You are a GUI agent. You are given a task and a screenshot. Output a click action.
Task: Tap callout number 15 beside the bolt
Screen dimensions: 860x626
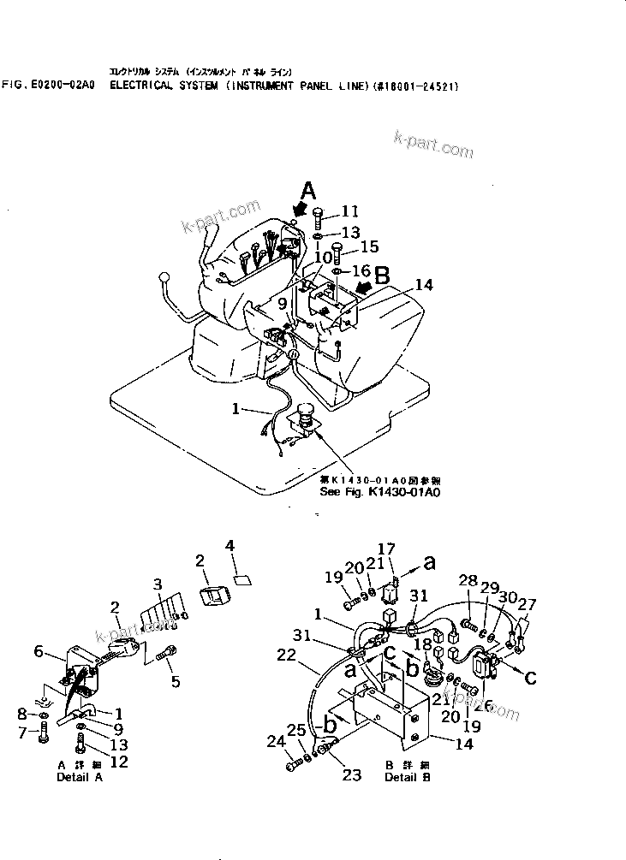(x=368, y=247)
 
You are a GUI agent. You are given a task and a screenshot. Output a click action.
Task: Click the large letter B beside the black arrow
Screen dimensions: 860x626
(x=383, y=275)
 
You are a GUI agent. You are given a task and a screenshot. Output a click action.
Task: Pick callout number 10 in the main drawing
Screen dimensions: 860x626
(x=321, y=257)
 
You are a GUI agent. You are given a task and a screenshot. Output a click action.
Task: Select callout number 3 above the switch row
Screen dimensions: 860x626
(x=157, y=584)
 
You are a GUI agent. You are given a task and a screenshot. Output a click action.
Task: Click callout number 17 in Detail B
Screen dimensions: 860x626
(x=386, y=550)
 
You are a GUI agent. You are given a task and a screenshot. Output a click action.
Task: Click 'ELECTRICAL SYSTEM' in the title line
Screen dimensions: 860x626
(x=163, y=86)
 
